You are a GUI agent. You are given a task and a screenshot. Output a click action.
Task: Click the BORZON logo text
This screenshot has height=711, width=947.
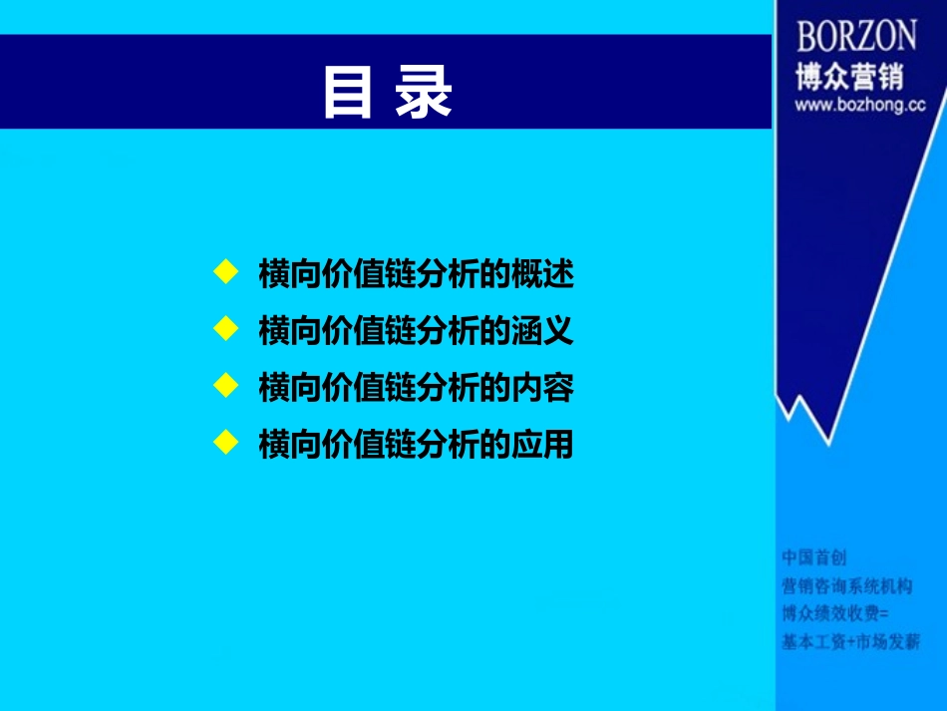(856, 37)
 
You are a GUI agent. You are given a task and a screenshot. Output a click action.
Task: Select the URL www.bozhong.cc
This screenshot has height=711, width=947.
(859, 105)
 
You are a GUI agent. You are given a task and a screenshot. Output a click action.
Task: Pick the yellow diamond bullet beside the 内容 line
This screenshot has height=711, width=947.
(226, 384)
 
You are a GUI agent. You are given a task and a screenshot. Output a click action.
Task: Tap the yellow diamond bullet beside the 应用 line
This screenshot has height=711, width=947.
(226, 441)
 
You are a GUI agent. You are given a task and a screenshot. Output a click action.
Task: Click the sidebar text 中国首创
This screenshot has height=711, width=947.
(813, 556)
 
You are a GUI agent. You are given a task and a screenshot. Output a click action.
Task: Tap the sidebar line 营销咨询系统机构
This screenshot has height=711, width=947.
(846, 585)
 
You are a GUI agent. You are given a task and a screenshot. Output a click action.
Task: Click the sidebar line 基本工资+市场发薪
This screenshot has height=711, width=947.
(850, 642)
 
